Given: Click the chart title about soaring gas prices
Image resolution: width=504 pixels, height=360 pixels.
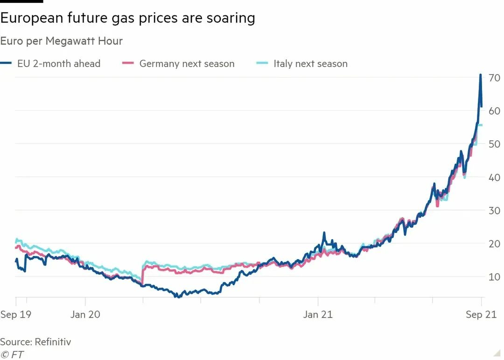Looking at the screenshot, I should click(127, 18).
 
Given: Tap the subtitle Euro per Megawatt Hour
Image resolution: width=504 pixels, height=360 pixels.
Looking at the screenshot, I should click(61, 41).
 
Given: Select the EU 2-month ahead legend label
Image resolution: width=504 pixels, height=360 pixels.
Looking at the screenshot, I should click(59, 64).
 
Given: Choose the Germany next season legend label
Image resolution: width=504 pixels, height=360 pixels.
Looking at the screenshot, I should click(187, 64).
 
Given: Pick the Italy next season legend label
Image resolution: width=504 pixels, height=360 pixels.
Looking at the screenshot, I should click(310, 64).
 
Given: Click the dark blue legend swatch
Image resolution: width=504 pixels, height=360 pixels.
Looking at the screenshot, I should click(6, 63).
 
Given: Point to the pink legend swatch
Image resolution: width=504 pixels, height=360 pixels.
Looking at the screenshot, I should click(127, 63).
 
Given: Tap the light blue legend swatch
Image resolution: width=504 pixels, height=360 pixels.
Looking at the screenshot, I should click(262, 63).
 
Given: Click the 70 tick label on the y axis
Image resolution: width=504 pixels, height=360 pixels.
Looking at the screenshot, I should click(494, 78).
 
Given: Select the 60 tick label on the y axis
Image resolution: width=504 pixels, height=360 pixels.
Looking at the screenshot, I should click(494, 111).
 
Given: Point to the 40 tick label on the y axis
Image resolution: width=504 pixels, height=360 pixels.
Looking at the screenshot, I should click(494, 177).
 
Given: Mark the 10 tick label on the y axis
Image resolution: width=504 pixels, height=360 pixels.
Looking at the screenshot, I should click(494, 277).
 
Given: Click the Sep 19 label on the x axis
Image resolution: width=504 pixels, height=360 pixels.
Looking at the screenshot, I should click(15, 314).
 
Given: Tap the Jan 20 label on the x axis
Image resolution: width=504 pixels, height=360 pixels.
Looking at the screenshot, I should click(85, 314).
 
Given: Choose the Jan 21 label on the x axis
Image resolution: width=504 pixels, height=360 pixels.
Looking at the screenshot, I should click(318, 314).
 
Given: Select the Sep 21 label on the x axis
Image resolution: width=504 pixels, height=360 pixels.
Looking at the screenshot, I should click(481, 314).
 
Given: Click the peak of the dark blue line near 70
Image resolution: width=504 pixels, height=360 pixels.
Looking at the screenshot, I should click(480, 75).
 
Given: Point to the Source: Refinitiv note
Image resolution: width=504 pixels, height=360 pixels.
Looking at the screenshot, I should click(35, 342).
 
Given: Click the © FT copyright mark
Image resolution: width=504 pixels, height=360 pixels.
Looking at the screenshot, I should click(12, 354).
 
